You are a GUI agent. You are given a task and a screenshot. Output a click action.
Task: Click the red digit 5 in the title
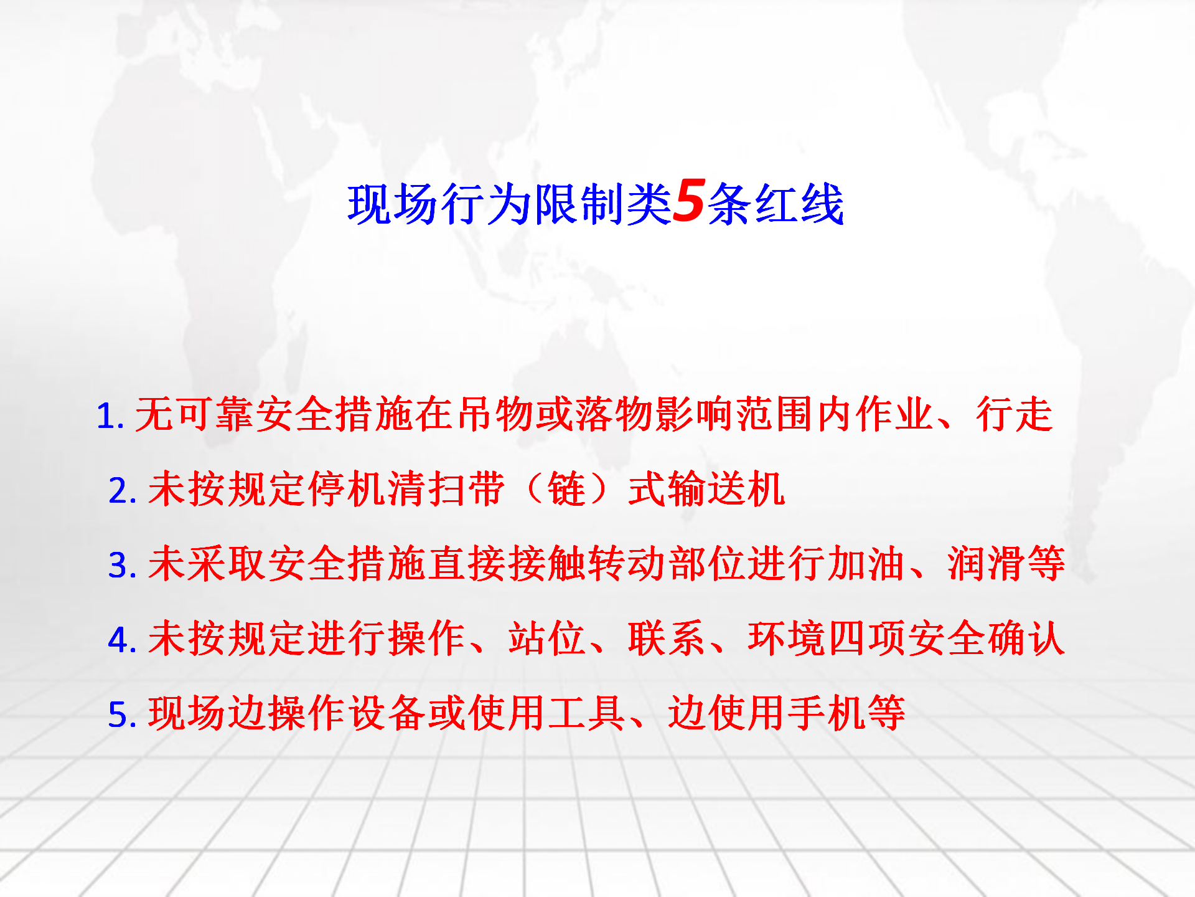click(689, 201)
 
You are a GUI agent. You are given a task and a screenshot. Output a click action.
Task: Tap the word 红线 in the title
click(799, 204)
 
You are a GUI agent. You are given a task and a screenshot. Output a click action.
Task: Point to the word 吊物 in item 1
click(495, 414)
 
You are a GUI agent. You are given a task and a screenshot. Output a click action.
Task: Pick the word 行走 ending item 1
click(1015, 414)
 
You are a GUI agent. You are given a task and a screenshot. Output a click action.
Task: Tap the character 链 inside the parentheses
click(567, 489)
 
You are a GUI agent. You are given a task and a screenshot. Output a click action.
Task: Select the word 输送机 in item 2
click(727, 489)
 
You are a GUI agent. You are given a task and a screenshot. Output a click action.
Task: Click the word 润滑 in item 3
click(986, 564)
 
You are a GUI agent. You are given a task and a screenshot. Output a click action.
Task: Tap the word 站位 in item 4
click(546, 638)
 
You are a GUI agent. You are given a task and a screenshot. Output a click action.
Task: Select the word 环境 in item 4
click(787, 638)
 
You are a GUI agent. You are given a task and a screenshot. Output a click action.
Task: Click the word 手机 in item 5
click(827, 713)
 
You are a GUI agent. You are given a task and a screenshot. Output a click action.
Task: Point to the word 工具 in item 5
click(586, 713)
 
